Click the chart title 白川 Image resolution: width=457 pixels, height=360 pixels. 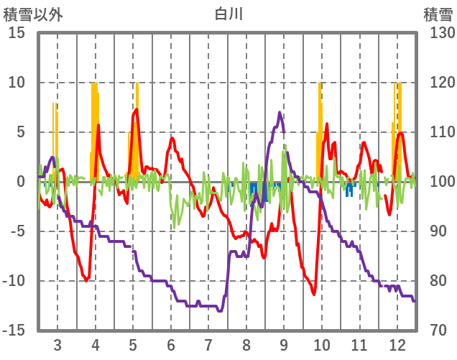228,14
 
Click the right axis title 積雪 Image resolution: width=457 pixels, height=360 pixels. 438,14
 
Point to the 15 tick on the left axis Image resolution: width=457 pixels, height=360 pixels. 17,33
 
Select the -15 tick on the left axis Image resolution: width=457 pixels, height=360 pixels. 14,331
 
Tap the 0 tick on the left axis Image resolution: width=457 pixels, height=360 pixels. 21,182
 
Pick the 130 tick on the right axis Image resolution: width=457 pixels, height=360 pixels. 438,33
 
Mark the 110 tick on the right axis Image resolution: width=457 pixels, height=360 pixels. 438,132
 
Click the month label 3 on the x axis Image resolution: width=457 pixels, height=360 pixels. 57,343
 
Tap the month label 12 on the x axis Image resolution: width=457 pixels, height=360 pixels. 397,343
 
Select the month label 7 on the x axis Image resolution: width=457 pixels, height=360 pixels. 208,343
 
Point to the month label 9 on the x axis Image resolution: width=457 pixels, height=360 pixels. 284,343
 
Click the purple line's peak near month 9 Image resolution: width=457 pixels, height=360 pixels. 280,113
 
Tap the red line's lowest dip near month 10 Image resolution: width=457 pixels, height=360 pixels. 314,293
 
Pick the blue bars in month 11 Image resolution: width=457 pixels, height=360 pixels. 349,190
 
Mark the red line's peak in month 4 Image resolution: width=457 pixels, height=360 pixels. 98,126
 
